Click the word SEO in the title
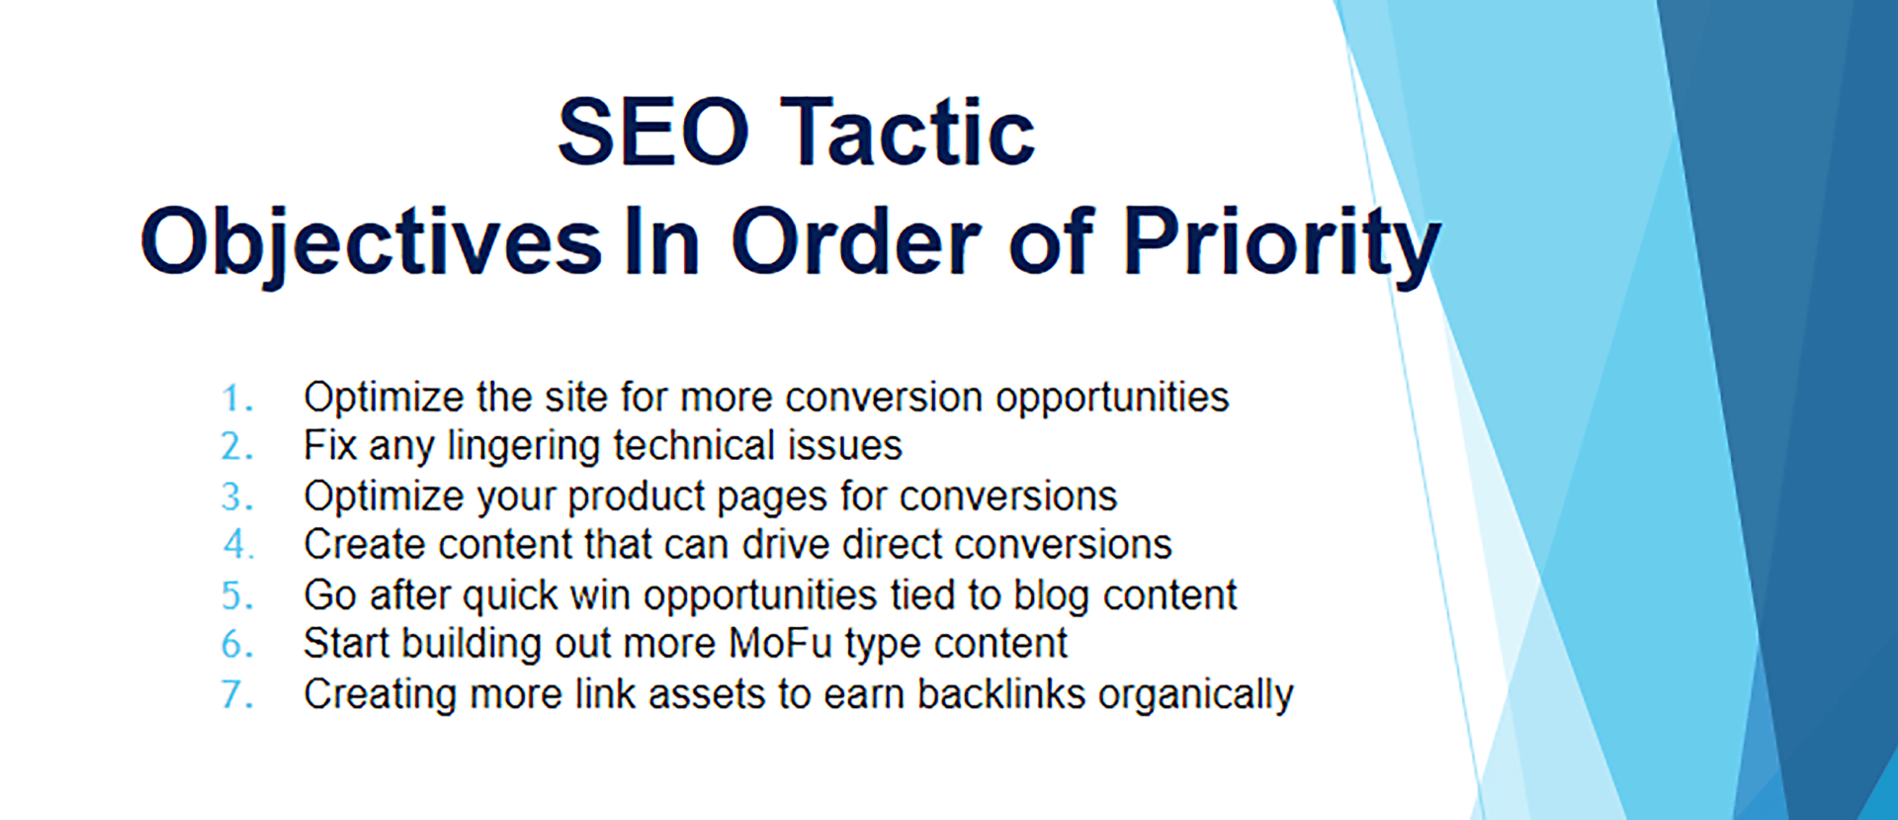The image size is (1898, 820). pos(653,132)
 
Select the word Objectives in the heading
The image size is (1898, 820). pos(371,243)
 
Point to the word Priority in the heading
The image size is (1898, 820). pos(1281,243)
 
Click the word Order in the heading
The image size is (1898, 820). pos(856,241)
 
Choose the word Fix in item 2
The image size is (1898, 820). pos(329,446)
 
